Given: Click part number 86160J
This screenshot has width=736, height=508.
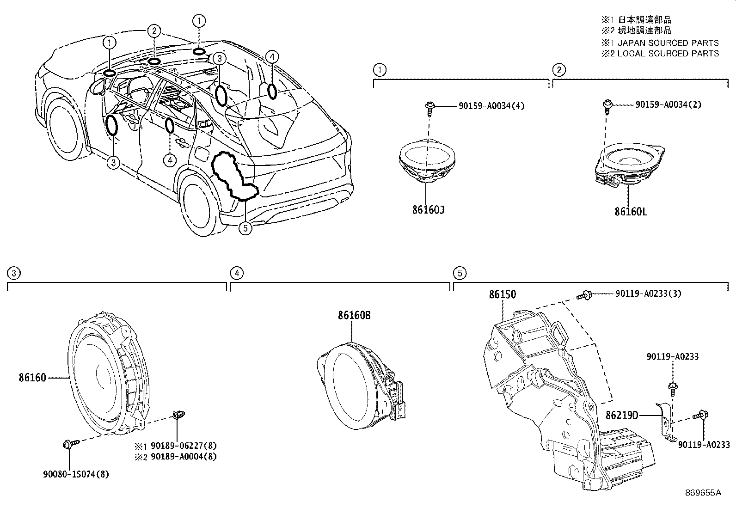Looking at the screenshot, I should [x=428, y=210].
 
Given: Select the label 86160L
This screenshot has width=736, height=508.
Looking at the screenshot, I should [x=631, y=212].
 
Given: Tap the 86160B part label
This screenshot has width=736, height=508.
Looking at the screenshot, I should [x=354, y=315].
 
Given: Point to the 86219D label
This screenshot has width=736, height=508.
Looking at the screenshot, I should [x=622, y=416].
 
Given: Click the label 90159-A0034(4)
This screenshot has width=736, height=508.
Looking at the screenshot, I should [x=491, y=106].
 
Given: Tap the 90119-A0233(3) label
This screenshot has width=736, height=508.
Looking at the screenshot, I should [x=648, y=294].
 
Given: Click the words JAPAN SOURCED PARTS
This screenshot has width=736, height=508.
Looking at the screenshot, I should [x=668, y=43].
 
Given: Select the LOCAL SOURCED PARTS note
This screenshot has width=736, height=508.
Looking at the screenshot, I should [x=668, y=53].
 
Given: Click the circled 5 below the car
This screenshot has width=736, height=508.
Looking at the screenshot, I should [x=245, y=228].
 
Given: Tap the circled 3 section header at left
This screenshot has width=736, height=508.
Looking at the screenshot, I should [x=14, y=273].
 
